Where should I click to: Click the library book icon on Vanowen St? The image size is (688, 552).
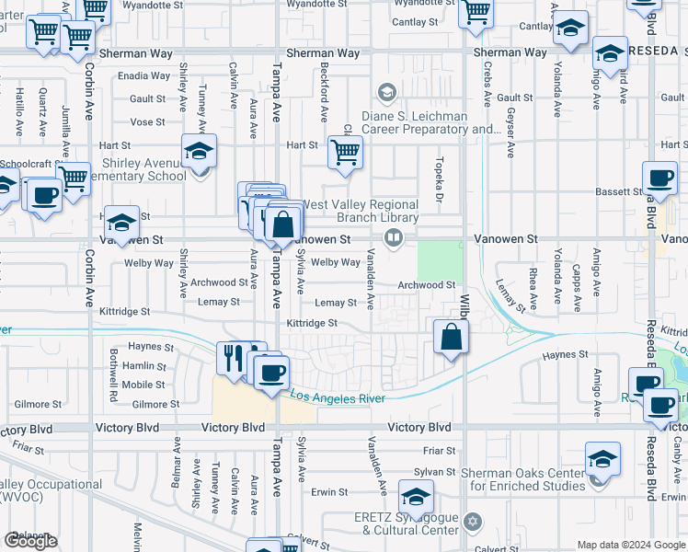[x=393, y=239]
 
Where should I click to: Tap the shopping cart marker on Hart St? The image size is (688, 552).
[x=345, y=152]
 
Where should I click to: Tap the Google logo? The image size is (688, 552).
[x=30, y=541]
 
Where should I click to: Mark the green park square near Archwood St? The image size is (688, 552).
[x=440, y=260]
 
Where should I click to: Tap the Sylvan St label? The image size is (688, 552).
[x=435, y=471]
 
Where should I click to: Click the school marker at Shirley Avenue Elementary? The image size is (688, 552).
[x=199, y=152]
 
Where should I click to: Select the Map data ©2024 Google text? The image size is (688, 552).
[x=631, y=545]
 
